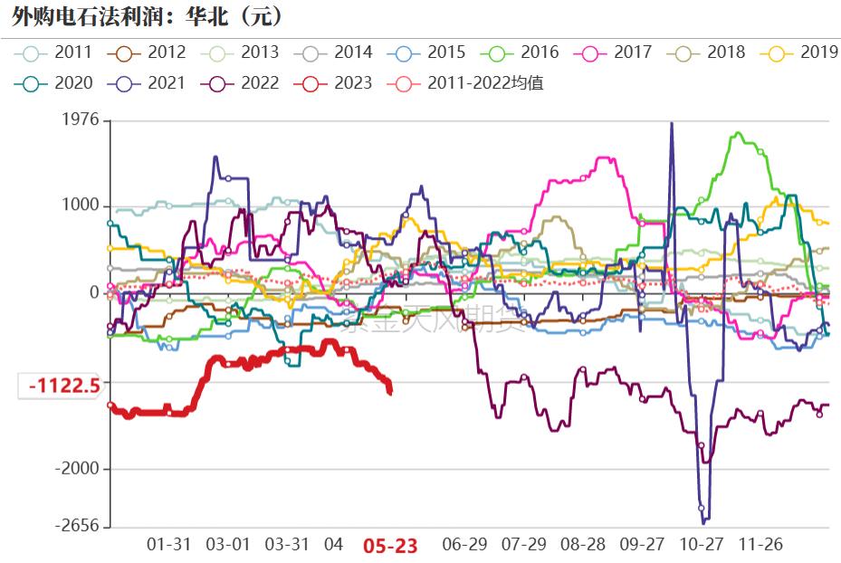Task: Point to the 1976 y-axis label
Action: coord(81,120)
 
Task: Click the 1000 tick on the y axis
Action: coord(81,205)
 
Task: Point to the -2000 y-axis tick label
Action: coord(78,469)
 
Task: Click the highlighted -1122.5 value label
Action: coord(62,386)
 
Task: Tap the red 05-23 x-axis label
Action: coord(390,545)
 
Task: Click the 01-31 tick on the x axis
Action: coord(169,545)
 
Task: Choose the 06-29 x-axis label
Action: coord(464,545)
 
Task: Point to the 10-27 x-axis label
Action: coord(702,545)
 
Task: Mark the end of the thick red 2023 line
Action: coord(390,391)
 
